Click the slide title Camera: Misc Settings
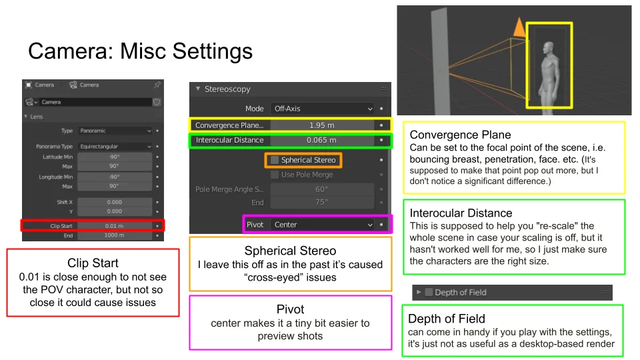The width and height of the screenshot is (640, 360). (x=140, y=52)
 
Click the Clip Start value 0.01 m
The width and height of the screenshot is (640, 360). (x=114, y=226)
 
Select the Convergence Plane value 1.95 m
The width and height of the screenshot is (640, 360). (x=322, y=125)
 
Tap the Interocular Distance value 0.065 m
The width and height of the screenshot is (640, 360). (x=322, y=141)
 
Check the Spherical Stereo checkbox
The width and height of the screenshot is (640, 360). (x=275, y=160)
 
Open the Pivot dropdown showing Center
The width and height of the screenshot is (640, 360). (x=323, y=225)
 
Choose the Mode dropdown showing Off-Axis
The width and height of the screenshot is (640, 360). (x=323, y=108)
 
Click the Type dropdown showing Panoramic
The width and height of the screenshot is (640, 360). (x=114, y=131)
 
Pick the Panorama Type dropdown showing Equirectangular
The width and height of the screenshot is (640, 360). (x=114, y=146)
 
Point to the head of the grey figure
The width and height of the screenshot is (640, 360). (x=548, y=49)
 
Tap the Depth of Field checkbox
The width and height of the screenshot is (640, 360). (x=429, y=292)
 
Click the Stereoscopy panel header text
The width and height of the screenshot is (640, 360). (x=227, y=89)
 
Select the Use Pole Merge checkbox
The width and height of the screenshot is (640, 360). (x=275, y=175)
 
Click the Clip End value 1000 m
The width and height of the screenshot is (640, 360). (x=114, y=235)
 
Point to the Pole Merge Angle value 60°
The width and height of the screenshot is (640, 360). (x=322, y=189)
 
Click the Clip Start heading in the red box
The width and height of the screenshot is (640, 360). (x=93, y=263)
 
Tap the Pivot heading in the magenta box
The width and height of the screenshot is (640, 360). (x=290, y=309)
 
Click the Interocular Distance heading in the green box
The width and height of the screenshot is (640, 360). (x=461, y=213)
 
